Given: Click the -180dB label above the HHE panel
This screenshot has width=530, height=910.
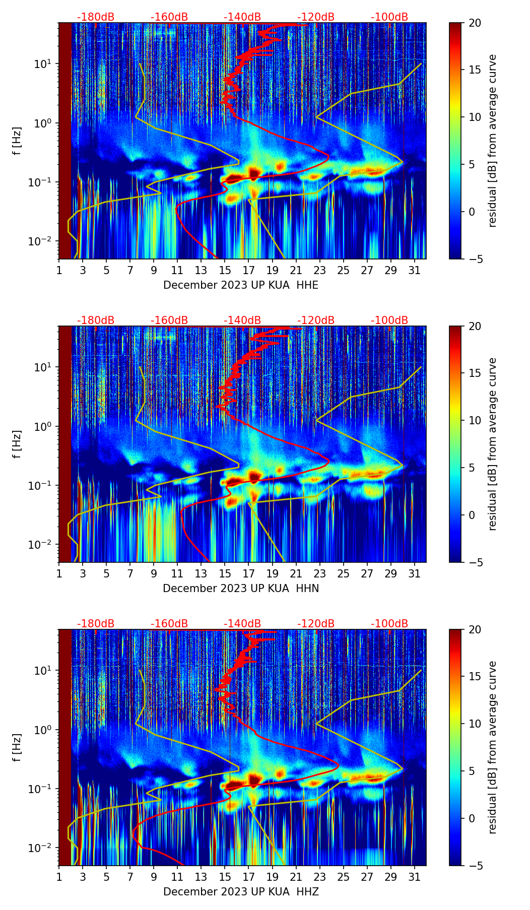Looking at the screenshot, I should click(96, 17).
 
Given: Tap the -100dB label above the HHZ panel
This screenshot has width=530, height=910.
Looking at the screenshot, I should click(389, 624).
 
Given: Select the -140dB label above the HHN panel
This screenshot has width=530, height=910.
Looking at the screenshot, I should click(242, 320).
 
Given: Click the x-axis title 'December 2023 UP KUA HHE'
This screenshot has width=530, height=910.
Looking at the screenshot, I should click(241, 285).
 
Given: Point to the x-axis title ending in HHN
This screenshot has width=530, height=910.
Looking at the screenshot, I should click(241, 589).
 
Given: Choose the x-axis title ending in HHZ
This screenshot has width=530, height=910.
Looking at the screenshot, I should click(241, 892).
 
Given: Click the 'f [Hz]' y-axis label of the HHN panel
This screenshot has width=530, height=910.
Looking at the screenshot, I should click(17, 444).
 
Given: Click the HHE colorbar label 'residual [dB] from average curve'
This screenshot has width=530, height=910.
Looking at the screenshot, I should click(492, 141).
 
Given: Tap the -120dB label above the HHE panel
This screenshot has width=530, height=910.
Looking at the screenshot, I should click(316, 17).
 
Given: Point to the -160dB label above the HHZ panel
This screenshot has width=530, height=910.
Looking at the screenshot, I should click(169, 624).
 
